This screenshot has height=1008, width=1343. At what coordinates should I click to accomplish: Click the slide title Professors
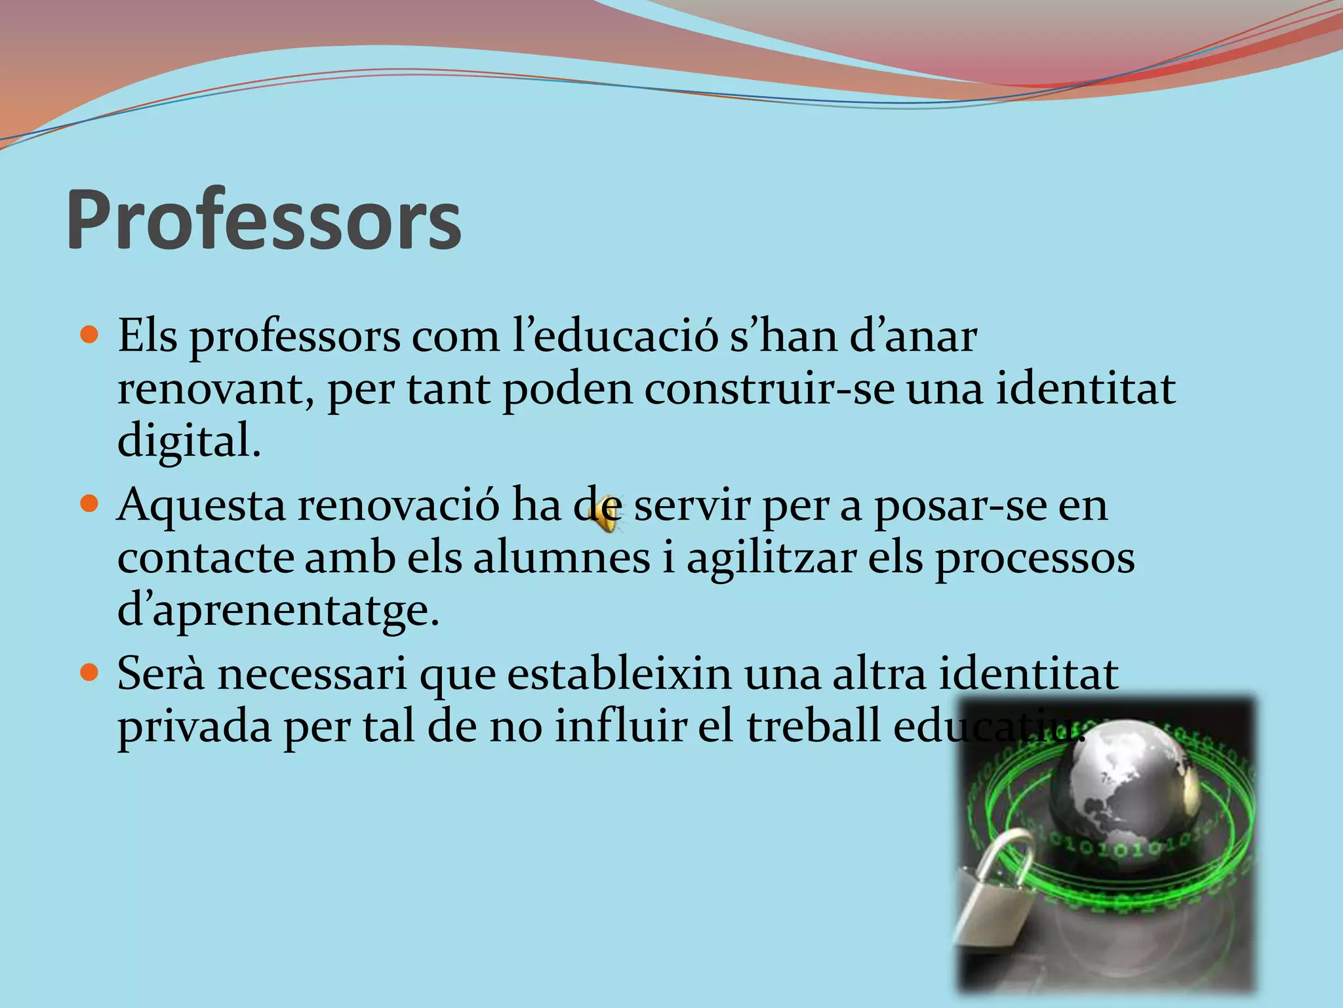(264, 220)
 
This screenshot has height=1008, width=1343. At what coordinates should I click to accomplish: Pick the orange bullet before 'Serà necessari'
(89, 674)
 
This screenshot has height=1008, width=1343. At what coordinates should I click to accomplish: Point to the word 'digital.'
(189, 441)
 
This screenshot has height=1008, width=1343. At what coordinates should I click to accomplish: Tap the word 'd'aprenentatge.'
(278, 610)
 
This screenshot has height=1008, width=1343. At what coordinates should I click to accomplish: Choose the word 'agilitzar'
(771, 559)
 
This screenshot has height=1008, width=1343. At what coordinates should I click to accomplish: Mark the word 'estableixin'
(619, 674)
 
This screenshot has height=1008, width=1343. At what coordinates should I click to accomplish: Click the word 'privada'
(194, 727)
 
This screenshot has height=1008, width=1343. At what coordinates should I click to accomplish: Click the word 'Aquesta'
(201, 505)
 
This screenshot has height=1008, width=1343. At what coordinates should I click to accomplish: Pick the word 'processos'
(1034, 559)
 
